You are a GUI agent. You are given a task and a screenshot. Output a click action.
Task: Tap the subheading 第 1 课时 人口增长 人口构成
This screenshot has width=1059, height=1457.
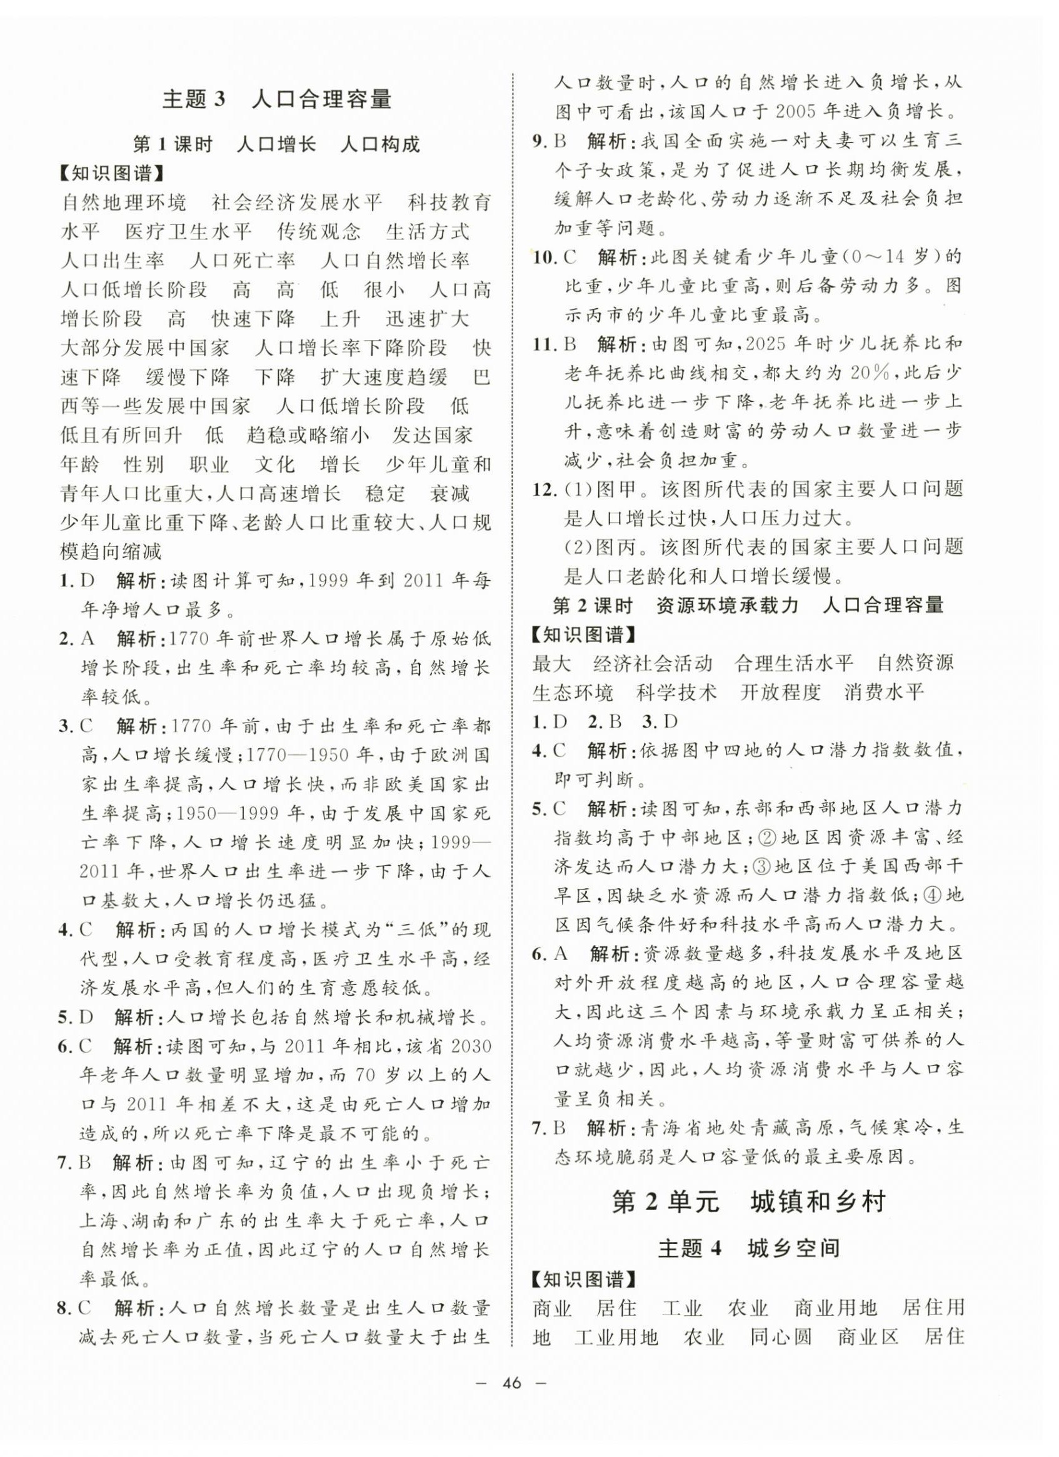tap(276, 144)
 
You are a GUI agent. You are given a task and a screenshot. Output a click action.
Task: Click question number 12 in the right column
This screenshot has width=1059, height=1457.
tap(545, 489)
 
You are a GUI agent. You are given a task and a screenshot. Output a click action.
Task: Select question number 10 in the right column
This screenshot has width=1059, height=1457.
tap(545, 258)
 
